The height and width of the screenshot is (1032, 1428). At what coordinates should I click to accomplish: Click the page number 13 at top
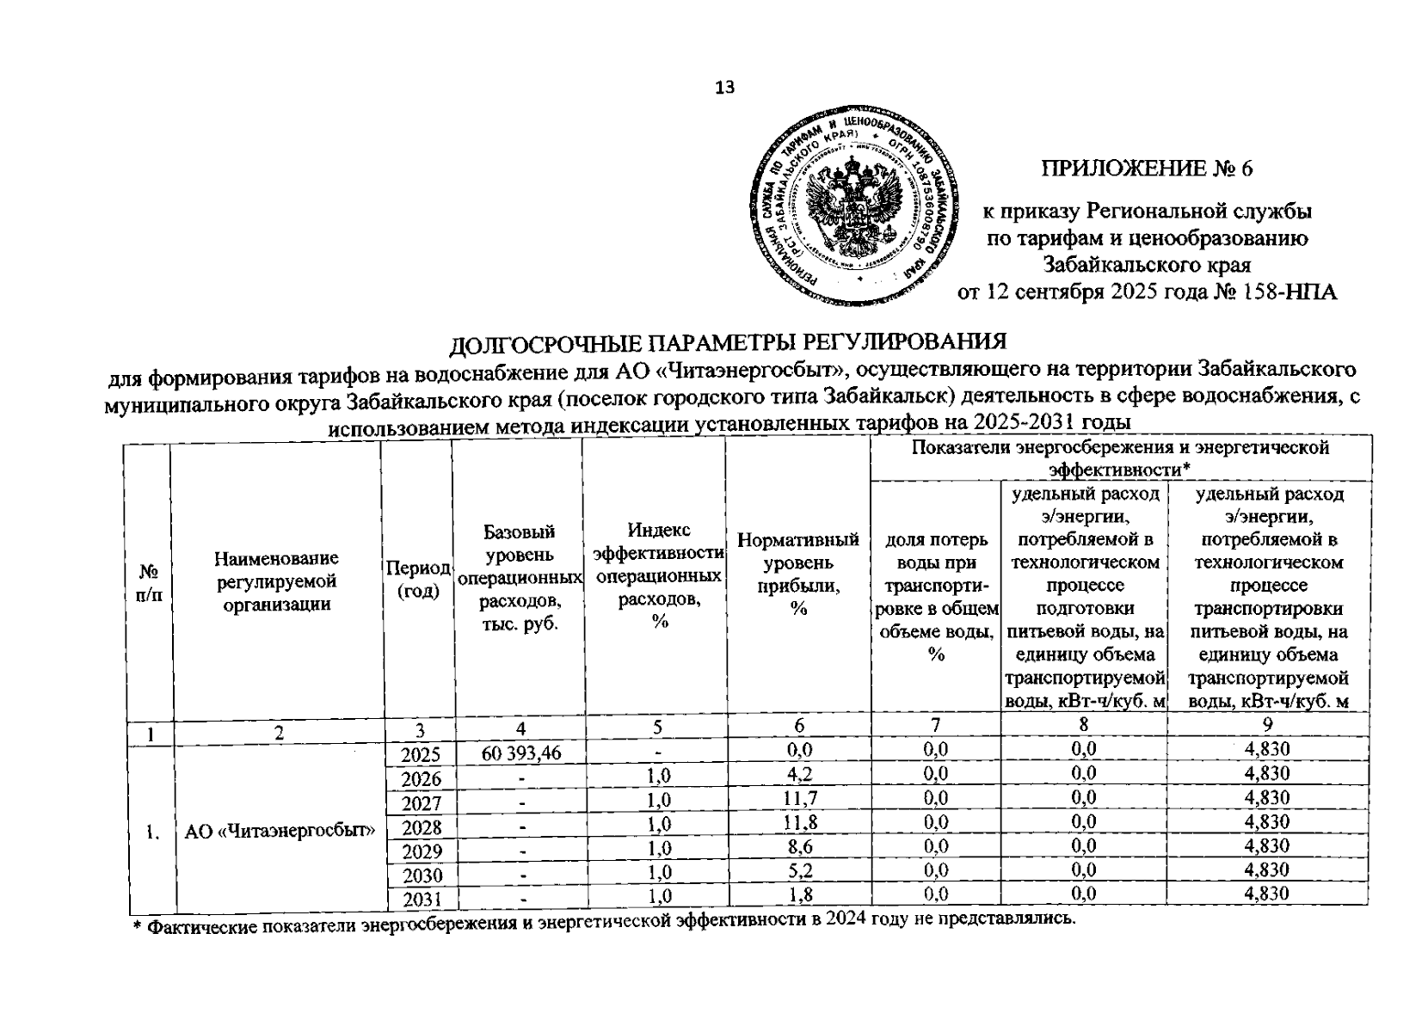[x=724, y=87]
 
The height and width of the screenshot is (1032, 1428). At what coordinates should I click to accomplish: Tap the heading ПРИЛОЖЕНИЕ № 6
[x=1148, y=169]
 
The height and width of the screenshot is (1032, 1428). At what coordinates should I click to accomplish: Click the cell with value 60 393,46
[x=521, y=753]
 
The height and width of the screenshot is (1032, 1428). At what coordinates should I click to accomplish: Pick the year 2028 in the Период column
[x=422, y=827]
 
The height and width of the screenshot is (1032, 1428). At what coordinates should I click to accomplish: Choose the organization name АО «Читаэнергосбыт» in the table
[x=281, y=831]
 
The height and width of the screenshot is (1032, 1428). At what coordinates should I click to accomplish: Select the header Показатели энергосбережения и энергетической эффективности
[x=1120, y=458]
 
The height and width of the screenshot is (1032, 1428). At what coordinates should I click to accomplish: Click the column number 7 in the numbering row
[x=936, y=728]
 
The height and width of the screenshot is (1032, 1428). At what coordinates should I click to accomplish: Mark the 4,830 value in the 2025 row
[x=1267, y=750]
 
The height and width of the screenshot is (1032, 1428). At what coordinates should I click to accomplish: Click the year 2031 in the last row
[x=422, y=899]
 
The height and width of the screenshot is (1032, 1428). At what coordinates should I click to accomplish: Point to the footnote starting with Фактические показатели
[x=606, y=920]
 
